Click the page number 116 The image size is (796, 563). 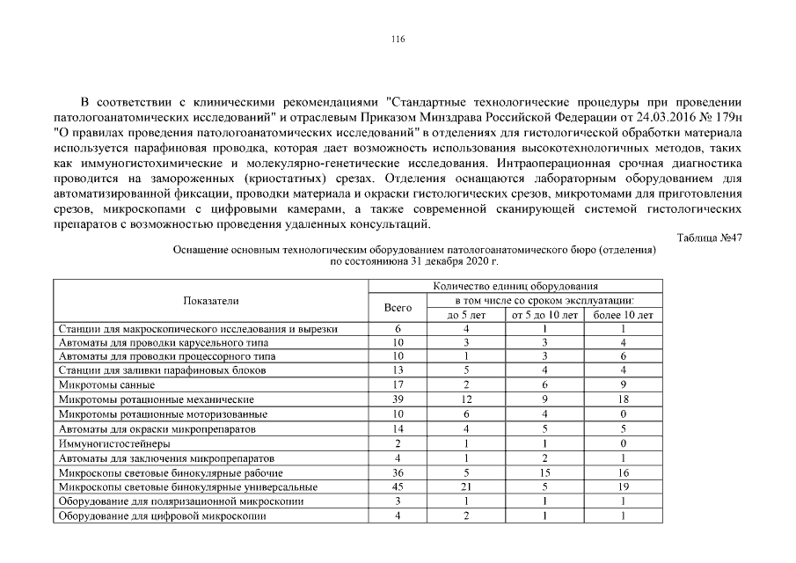click(398, 39)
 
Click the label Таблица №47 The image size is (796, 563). click(710, 238)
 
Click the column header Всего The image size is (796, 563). click(398, 308)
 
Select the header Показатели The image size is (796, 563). click(210, 301)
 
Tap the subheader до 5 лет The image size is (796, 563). click(466, 315)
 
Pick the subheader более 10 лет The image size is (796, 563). click(622, 315)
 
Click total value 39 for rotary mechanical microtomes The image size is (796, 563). click(398, 400)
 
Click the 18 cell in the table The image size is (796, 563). click(622, 400)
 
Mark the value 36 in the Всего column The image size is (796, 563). click(398, 473)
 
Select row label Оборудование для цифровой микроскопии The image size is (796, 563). click(162, 516)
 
